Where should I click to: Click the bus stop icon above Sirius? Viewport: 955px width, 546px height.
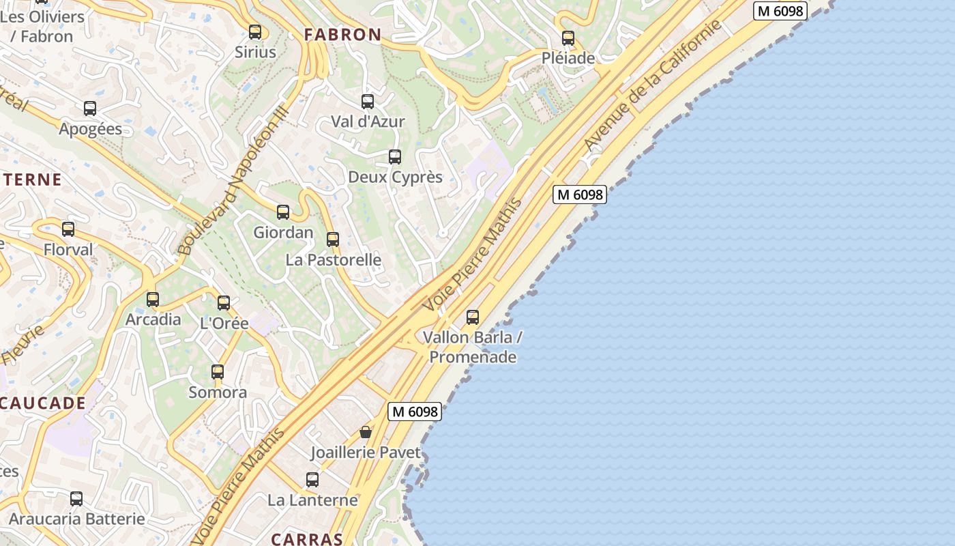255,31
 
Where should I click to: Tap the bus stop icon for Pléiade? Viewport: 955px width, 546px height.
568,38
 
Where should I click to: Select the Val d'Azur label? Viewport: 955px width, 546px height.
368,121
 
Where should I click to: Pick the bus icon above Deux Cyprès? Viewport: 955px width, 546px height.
395,157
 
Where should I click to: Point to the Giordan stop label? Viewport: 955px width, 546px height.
283,232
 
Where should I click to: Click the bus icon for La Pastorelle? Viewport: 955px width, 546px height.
333,240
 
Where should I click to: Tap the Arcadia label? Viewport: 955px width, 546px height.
153,319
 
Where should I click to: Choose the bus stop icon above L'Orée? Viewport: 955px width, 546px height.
224,303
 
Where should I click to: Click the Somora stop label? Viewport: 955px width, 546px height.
218,392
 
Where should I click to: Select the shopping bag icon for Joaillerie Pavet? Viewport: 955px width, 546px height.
366,432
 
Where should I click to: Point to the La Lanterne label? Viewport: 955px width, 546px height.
312,500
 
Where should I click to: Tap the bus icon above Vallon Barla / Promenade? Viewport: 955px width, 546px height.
473,317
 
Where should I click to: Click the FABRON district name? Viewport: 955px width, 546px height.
342,35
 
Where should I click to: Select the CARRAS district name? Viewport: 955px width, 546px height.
307,539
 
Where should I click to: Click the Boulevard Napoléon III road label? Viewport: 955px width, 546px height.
233,183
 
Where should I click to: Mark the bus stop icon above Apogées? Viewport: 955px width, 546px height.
90,108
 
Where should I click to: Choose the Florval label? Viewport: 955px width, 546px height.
68,250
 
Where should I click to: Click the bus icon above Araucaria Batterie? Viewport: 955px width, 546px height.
76,499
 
